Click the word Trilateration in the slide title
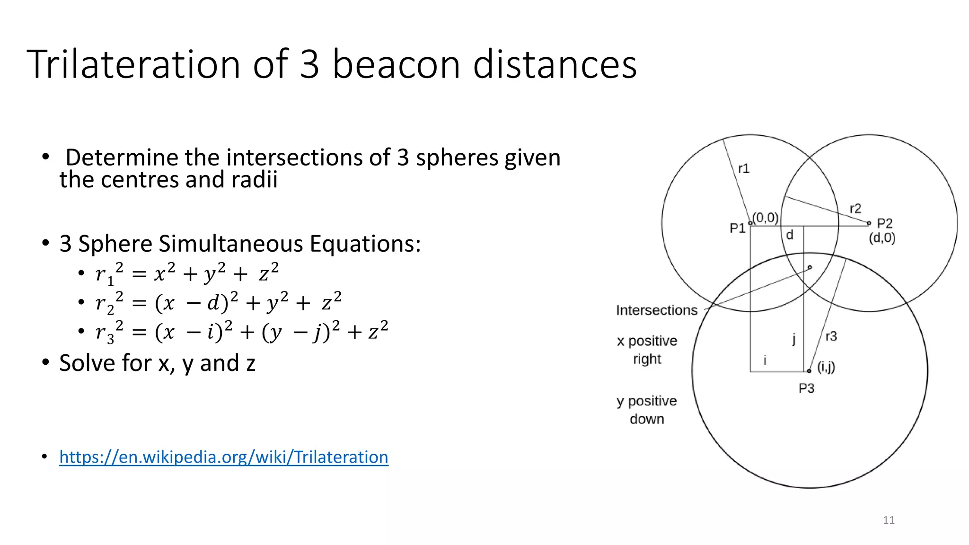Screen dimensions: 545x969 (x=134, y=64)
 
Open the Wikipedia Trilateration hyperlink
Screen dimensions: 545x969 (x=223, y=457)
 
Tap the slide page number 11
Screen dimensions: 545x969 (x=889, y=520)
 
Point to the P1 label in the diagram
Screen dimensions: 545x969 (x=737, y=229)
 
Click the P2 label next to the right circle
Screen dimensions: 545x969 (x=884, y=223)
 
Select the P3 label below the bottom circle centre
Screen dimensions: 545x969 (x=806, y=388)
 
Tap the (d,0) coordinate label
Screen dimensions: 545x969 (x=882, y=238)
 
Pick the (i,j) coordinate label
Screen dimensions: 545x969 (x=826, y=367)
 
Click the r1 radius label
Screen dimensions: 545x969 (x=743, y=169)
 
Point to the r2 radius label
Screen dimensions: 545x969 (x=855, y=209)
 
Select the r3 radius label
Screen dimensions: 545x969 (x=831, y=336)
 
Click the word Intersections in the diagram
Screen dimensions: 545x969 (x=656, y=310)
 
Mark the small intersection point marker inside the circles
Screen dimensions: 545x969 (x=810, y=267)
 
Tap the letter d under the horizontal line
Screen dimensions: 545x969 (x=789, y=235)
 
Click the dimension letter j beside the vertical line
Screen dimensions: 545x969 (x=794, y=339)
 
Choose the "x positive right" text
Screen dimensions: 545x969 (x=647, y=350)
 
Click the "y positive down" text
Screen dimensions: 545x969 (x=647, y=410)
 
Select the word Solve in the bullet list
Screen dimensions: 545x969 (x=87, y=363)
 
